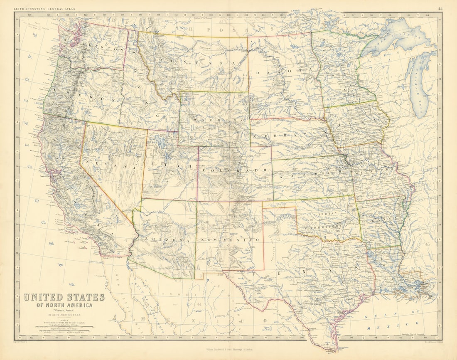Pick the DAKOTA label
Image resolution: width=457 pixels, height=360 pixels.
(x=279, y=73)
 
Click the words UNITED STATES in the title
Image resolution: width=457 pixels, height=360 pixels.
(x=64, y=297)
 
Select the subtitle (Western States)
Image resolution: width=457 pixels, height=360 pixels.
(x=64, y=311)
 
